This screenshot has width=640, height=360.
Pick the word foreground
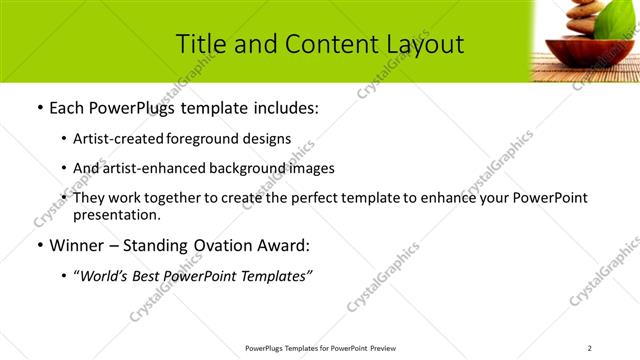click(x=204, y=139)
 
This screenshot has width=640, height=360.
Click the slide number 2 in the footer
click(x=589, y=348)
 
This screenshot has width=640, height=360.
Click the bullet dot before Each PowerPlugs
click(x=38, y=108)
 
